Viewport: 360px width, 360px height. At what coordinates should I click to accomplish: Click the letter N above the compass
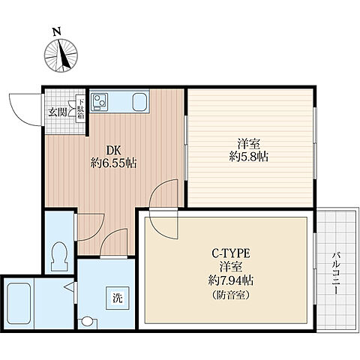click(57, 31)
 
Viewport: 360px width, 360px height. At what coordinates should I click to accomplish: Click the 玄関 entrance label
click(58, 112)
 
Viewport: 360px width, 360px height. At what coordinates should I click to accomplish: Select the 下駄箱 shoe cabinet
click(80, 109)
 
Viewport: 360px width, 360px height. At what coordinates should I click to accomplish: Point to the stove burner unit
click(99, 102)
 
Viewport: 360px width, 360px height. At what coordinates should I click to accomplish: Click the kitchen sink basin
click(139, 102)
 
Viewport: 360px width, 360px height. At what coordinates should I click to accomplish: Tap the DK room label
click(114, 151)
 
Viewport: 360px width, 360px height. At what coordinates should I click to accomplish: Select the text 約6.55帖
click(113, 163)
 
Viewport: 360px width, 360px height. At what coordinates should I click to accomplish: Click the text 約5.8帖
click(249, 157)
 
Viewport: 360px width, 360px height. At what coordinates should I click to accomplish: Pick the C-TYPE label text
click(231, 253)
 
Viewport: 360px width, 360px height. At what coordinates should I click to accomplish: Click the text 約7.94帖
click(231, 280)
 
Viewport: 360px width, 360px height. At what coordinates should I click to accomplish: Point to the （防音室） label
click(231, 295)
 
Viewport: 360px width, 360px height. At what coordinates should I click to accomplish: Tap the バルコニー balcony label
click(336, 273)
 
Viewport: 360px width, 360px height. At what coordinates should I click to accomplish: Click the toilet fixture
click(59, 256)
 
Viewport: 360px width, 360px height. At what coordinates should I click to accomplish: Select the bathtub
click(19, 304)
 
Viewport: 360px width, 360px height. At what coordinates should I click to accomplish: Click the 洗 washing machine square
click(118, 298)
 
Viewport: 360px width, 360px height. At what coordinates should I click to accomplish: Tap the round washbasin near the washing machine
click(87, 321)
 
